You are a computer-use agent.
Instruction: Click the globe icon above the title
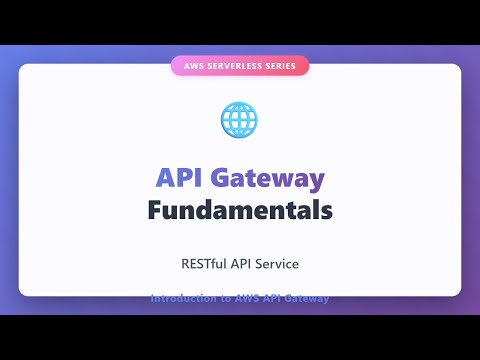pos(240,119)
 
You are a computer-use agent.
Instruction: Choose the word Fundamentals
pos(240,211)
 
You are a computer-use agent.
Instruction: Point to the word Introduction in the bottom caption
pos(182,298)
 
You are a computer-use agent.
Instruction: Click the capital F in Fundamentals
pos(155,211)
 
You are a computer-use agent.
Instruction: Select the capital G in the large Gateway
pos(222,179)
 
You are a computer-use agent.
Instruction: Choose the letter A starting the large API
pos(165,179)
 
